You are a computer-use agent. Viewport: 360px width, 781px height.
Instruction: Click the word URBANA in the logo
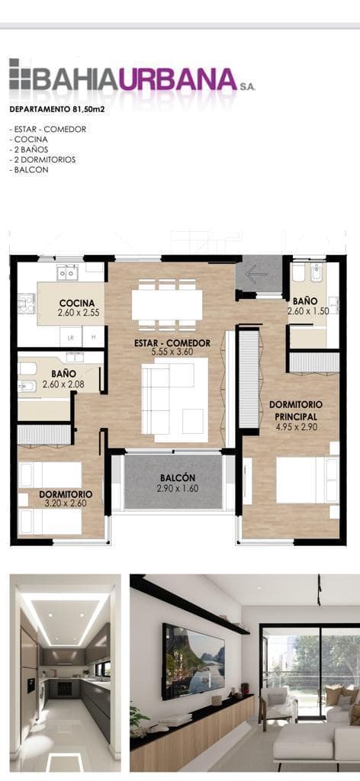[x=177, y=79]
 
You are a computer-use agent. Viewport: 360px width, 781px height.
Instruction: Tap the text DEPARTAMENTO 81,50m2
[x=57, y=110]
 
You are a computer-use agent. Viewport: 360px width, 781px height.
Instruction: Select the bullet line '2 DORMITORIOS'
[x=42, y=159]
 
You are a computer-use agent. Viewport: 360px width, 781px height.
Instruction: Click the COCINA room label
[x=77, y=303]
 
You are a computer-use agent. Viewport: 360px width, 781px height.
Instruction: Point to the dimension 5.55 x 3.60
[x=172, y=352]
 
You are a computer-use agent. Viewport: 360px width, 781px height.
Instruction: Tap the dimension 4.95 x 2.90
[x=296, y=426]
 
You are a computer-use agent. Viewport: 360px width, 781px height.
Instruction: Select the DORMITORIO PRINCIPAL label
[x=296, y=410]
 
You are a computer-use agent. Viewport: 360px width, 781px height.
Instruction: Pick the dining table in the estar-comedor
[x=167, y=305]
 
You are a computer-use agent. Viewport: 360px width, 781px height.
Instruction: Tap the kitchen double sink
[x=67, y=272]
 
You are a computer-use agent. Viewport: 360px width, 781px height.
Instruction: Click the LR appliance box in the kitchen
[x=71, y=336]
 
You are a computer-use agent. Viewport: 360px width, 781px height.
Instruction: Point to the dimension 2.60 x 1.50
[x=307, y=311]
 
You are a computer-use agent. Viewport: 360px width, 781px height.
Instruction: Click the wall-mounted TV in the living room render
[x=193, y=660]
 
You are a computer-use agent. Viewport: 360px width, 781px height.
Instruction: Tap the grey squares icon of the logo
[x=21, y=74]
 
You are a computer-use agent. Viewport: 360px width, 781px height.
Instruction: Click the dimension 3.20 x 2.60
[x=66, y=503]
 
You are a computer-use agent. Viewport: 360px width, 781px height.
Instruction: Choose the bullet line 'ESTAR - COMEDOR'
[x=48, y=129]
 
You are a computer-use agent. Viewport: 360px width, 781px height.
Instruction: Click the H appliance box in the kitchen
[x=93, y=336]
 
